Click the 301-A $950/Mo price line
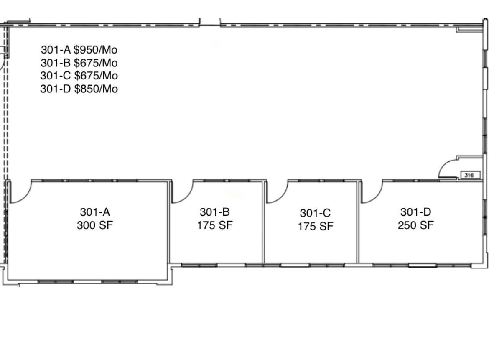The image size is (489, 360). pyautogui.click(x=79, y=50)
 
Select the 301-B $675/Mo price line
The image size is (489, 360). pyautogui.click(x=79, y=63)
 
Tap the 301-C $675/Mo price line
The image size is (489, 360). pyautogui.click(x=79, y=76)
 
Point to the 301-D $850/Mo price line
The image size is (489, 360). pyautogui.click(x=79, y=89)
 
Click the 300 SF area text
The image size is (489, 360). pyautogui.click(x=95, y=225)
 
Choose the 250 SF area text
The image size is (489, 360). pyautogui.click(x=416, y=225)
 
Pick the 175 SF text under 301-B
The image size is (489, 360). pyautogui.click(x=215, y=225)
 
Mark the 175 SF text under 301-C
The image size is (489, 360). pyautogui.click(x=315, y=227)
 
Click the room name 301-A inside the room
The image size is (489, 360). pyautogui.click(x=95, y=212)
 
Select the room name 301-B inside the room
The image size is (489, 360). pyautogui.click(x=215, y=212)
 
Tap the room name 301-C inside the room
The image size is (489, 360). pyautogui.click(x=315, y=213)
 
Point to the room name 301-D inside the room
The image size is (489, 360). pyautogui.click(x=416, y=212)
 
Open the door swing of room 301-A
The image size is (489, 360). pyautogui.click(x=25, y=197)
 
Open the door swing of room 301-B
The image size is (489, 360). pyautogui.click(x=187, y=197)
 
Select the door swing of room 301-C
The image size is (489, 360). pyautogui.click(x=282, y=197)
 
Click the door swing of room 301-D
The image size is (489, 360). pyautogui.click(x=377, y=197)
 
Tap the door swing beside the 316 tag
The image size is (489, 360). pyautogui.click(x=444, y=165)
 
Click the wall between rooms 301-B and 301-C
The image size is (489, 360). pyautogui.click(x=263, y=222)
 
